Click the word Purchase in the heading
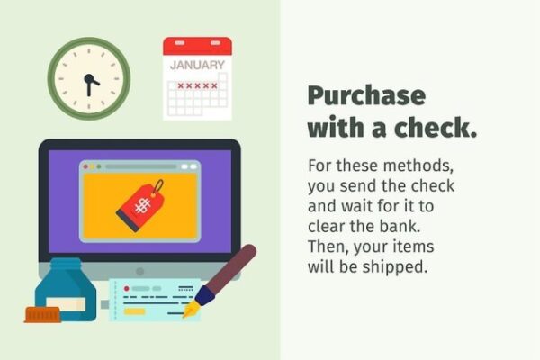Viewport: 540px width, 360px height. pos(367,96)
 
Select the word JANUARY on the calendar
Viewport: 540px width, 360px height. pos(197,65)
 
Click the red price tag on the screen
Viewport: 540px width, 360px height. pos(140,205)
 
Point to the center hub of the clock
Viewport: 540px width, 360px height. pos(89,79)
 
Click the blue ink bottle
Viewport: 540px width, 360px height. pos(66,290)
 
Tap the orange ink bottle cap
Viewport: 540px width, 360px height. pos(42,315)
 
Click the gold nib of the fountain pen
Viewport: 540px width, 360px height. pos(190,310)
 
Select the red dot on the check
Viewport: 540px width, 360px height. pos(126,288)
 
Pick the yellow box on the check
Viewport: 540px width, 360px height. pos(134,311)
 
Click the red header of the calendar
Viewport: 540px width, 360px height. pos(197,46)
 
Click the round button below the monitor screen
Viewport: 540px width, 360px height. pos(139,272)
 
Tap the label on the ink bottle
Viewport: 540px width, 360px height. pos(66,304)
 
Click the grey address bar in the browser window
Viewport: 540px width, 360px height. pos(141,166)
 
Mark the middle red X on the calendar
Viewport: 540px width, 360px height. pos(197,85)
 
